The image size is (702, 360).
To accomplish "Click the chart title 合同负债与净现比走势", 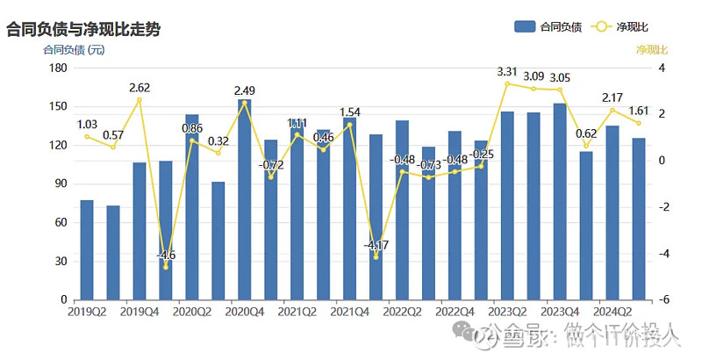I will tap(84, 29).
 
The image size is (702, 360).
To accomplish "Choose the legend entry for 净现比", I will tap(634, 26).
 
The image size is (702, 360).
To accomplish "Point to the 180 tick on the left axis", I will tap(58, 68).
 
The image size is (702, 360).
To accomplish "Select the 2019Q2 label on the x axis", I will tap(87, 311).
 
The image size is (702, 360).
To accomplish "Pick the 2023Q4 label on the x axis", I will tap(560, 311).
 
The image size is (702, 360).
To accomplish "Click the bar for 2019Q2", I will tap(87, 250).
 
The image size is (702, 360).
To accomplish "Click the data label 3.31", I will tap(507, 71).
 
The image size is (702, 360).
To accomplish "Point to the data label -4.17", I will tap(376, 245).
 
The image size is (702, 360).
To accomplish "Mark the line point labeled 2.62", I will tap(139, 100).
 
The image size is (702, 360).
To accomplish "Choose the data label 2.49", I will tap(245, 90).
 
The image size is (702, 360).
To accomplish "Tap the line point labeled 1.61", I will tap(639, 123).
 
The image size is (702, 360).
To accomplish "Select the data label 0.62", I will tap(586, 133).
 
